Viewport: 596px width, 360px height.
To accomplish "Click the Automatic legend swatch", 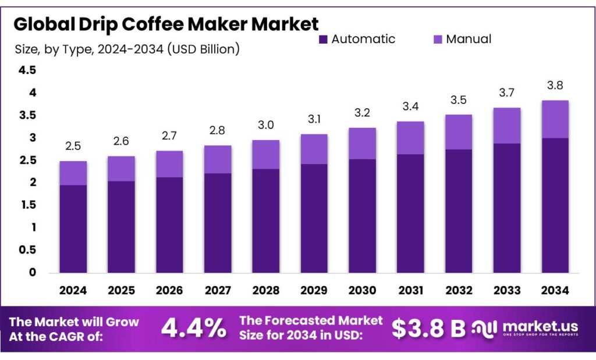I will (323, 40).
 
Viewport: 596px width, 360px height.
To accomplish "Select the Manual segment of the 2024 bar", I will (73, 173).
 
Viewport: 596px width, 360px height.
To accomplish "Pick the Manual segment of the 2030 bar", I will (362, 143).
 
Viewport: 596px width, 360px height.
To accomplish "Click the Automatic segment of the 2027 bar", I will (218, 223).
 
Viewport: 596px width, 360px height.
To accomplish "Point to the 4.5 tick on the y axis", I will (28, 70).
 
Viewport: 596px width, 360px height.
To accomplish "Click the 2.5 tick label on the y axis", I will (28, 160).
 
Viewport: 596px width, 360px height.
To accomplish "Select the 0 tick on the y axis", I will (33, 272).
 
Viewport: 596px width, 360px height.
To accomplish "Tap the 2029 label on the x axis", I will (314, 290).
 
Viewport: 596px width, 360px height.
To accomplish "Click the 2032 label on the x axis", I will (458, 290).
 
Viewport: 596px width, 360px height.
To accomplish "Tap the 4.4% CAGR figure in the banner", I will (193, 329).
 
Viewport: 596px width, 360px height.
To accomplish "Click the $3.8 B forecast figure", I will (428, 329).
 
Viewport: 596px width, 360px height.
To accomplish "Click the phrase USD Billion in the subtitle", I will (203, 49).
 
